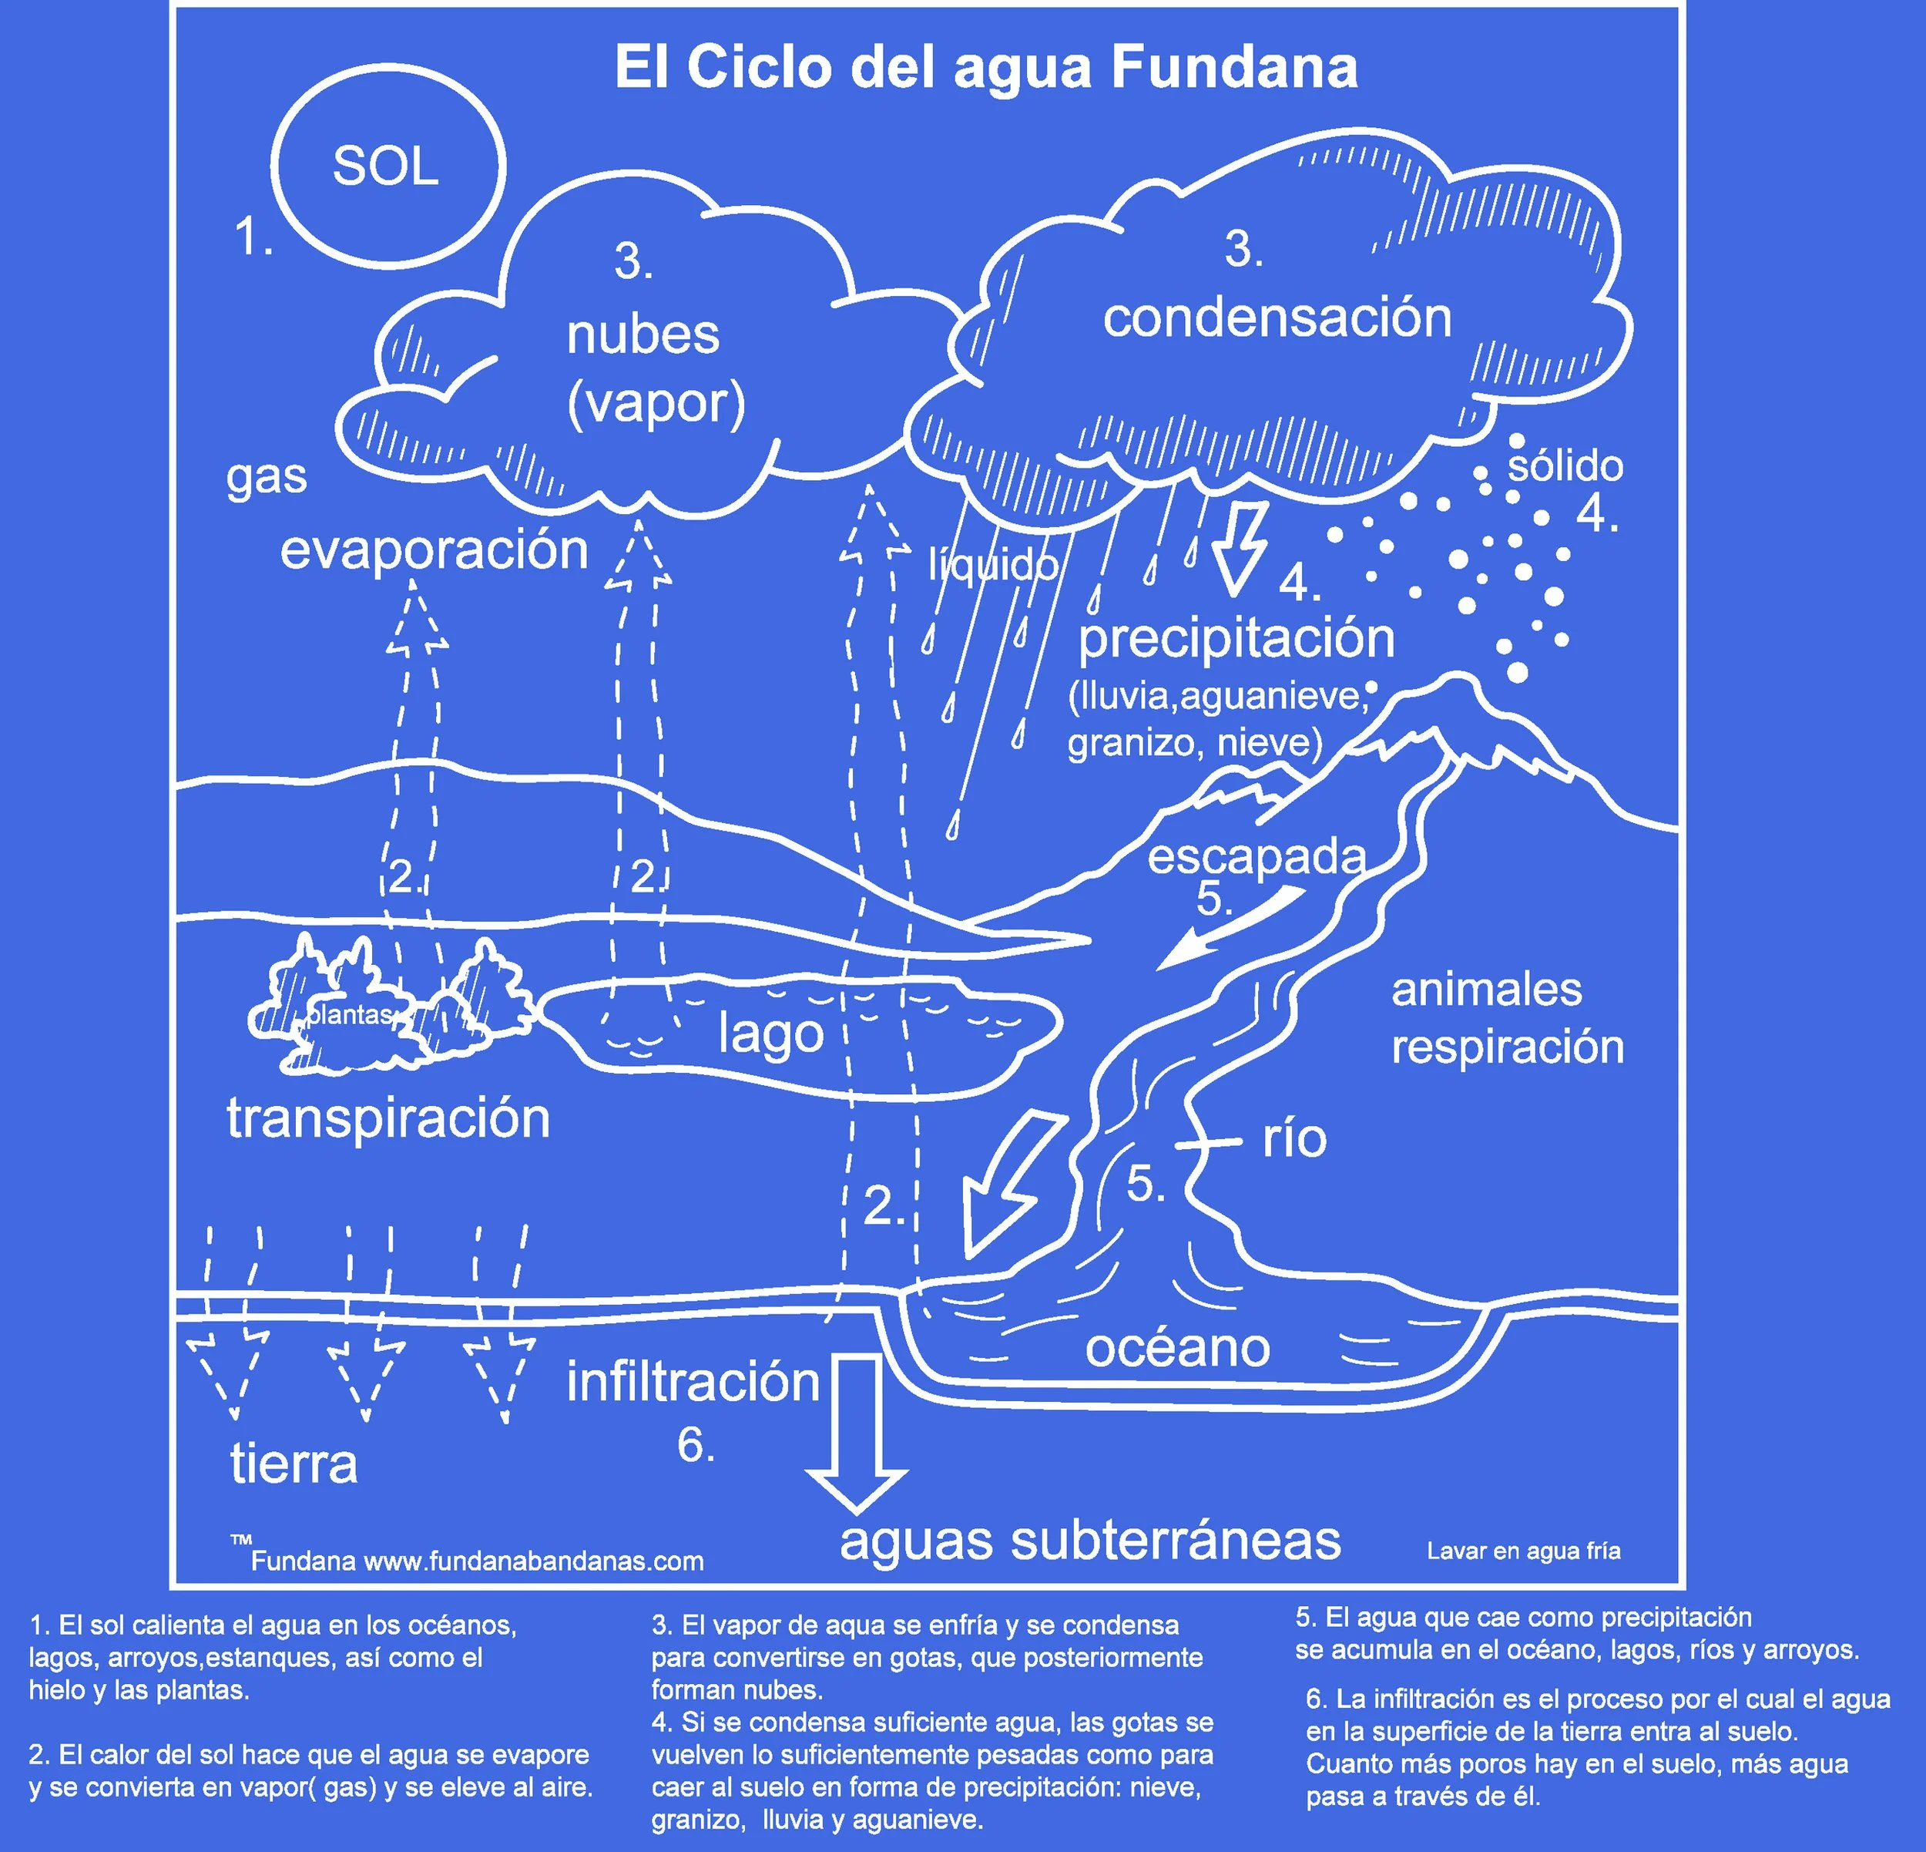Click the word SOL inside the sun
click(x=385, y=166)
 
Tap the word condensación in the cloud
click(x=1277, y=318)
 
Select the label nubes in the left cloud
click(x=643, y=334)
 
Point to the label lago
click(x=770, y=1034)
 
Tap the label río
click(x=1294, y=1138)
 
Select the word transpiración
click(x=388, y=1118)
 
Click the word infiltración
click(x=693, y=1382)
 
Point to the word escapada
click(x=1257, y=857)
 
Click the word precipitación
click(x=1236, y=639)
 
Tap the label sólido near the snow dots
click(x=1565, y=465)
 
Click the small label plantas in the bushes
click(x=350, y=1014)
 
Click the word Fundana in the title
click(x=1234, y=68)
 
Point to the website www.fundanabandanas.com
click(x=534, y=1561)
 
